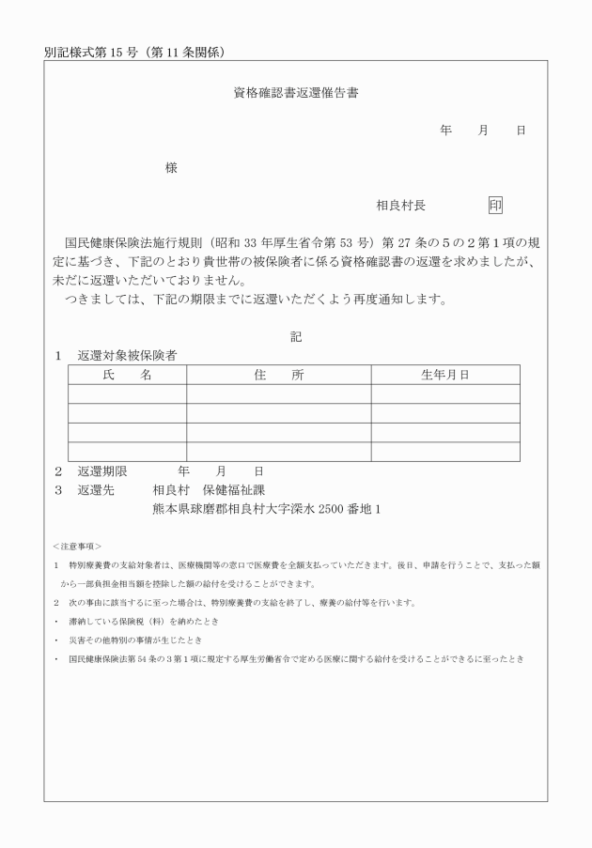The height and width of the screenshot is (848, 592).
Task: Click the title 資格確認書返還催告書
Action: pos(296,94)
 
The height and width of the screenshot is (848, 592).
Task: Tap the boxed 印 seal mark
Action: pos(495,205)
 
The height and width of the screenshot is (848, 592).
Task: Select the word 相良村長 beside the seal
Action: pos(401,206)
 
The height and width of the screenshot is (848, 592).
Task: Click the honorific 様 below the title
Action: pos(171,168)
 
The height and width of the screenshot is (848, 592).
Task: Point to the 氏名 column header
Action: pos(127,375)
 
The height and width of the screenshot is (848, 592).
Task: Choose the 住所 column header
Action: pos(278,375)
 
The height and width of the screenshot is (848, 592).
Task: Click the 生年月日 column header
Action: pos(444,375)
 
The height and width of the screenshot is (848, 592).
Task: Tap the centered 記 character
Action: pos(296,336)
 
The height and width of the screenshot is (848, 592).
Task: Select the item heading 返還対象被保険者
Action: pos(127,356)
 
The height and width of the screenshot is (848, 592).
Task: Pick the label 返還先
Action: pos(96,489)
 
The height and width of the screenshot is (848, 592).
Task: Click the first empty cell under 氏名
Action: pos(127,393)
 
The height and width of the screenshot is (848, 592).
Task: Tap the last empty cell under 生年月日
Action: pos(444,451)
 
